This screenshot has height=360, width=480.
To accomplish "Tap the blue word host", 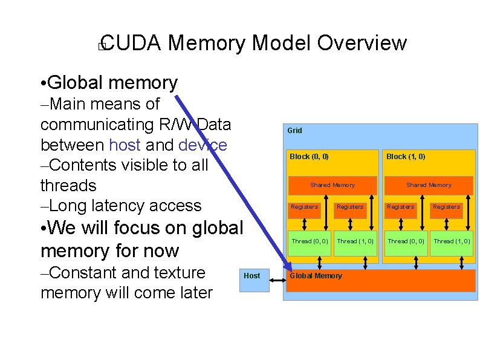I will [125, 145].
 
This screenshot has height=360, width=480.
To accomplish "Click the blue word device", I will [203, 145].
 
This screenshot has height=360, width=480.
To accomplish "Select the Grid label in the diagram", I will [294, 131].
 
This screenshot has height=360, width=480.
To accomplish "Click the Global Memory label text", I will [316, 276].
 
